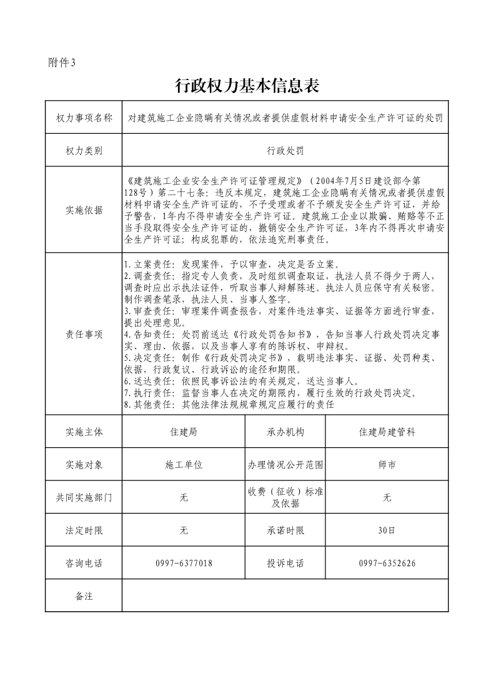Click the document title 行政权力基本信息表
coord(247,86)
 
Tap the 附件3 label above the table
coord(61,62)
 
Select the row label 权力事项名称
coord(84,118)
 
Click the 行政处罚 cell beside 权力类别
coord(285,151)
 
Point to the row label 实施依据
coord(84,210)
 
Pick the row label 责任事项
coord(84,334)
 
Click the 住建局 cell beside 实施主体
coord(184,432)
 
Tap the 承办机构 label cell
coord(285,432)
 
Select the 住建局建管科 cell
coord(387,432)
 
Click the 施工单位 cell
coord(184,465)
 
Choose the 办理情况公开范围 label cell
coord(285,465)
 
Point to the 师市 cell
coord(387,465)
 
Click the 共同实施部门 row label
coord(84,498)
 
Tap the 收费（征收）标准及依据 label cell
coord(285,498)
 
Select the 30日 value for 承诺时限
coord(387,530)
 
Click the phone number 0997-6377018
coord(184,564)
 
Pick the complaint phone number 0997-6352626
coord(387,564)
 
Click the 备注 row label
coord(84,596)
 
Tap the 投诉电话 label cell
coord(285,564)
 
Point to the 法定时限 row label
coord(84,530)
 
